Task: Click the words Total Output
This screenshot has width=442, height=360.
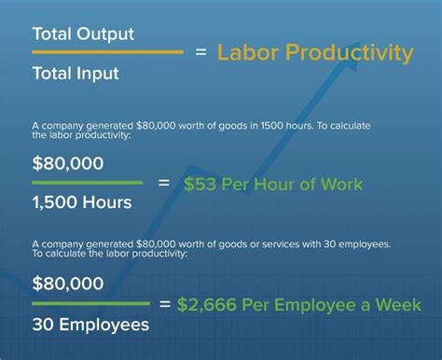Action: coord(83,34)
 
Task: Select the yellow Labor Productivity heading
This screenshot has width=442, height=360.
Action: coord(315,53)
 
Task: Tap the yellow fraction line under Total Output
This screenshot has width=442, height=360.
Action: coord(107,53)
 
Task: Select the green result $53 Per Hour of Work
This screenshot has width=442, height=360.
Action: coord(272,184)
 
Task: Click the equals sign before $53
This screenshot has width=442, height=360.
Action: coord(164,183)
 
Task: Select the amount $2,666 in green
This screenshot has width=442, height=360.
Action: coord(214,304)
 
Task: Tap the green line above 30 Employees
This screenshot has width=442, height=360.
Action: coord(90,303)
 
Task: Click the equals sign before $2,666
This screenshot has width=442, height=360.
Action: coord(164,304)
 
